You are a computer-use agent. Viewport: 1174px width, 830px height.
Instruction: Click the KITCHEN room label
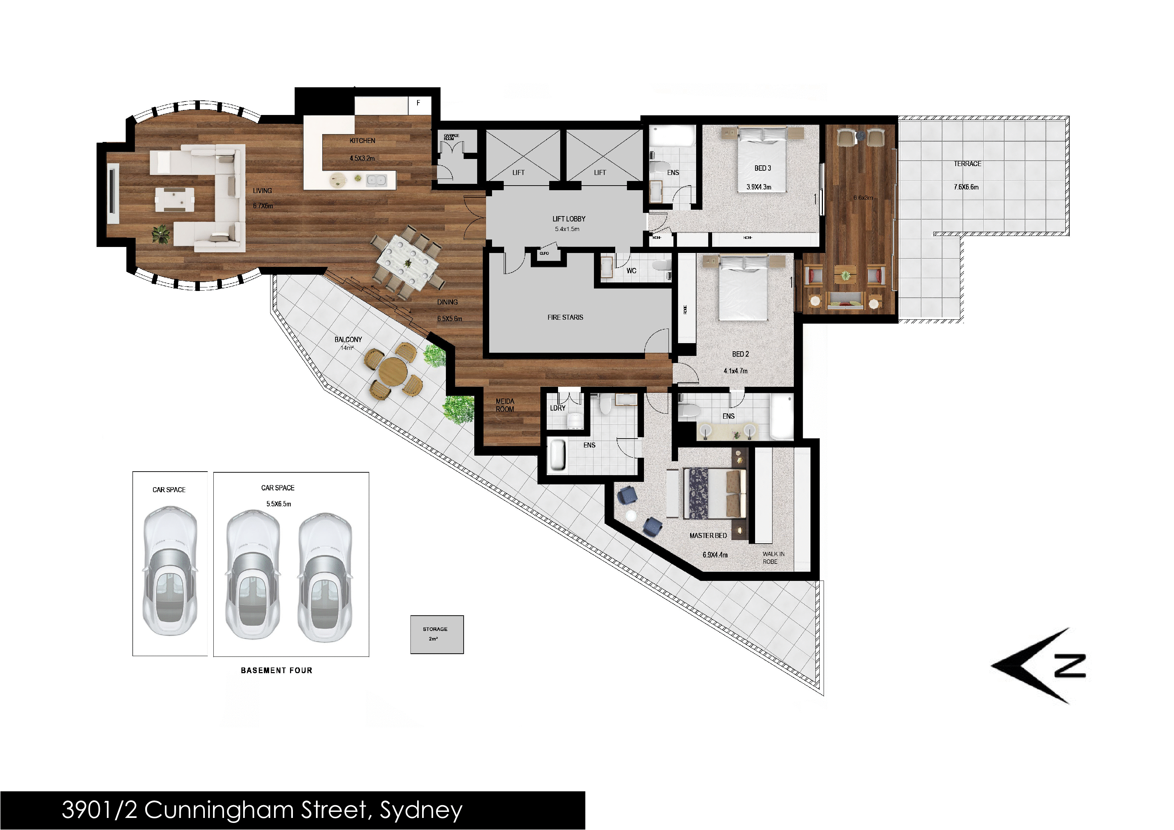tap(362, 141)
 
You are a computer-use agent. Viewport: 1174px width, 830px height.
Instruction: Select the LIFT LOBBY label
tap(569, 219)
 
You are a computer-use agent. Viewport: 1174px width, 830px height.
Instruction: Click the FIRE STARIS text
tap(565, 317)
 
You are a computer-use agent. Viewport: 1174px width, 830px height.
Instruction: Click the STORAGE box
tap(437, 634)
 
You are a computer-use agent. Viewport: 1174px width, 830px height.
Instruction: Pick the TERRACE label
tap(967, 164)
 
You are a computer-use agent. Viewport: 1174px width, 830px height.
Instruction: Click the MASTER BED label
tap(708, 535)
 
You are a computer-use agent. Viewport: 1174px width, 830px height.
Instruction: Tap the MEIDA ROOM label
tap(505, 405)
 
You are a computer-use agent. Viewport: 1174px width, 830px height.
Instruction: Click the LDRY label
tap(557, 408)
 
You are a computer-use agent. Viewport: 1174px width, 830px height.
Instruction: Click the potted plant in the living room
tap(160, 234)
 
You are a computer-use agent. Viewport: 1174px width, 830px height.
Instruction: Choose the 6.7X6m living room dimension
tap(263, 206)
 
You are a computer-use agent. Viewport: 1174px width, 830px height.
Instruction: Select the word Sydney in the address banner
tap(421, 810)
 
